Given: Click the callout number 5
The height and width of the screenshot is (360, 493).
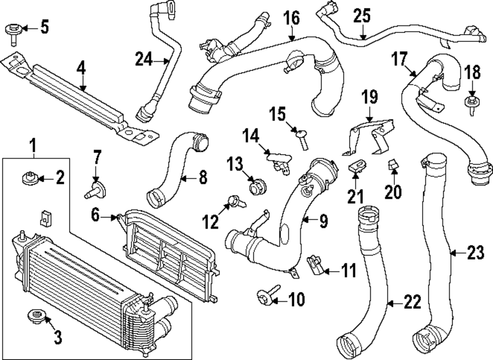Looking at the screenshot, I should [x=44, y=27].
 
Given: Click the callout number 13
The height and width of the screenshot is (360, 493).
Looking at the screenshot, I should [x=235, y=163].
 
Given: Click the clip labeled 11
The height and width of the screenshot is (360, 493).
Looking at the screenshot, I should [x=314, y=264].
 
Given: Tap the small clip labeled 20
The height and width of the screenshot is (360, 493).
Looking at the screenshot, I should [x=393, y=167].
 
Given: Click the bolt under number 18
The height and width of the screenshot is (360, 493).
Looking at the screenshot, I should [x=472, y=105].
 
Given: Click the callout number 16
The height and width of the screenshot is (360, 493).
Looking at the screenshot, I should [x=291, y=19].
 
